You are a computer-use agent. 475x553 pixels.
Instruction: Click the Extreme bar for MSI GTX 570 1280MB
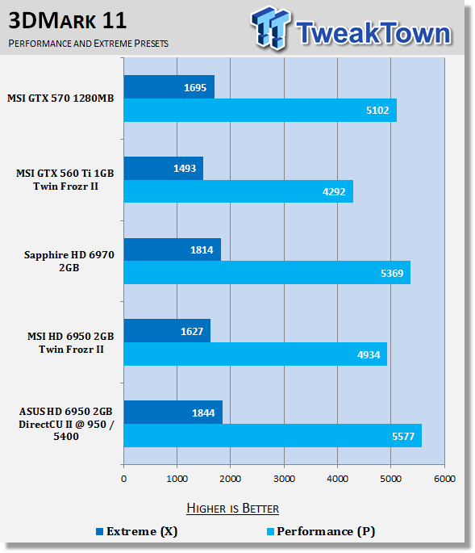coord(169,86)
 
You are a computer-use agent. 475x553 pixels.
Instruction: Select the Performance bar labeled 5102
coord(260,111)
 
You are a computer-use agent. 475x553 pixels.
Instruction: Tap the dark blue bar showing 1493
coord(164,168)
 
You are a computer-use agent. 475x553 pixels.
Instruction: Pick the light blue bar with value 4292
coord(239,191)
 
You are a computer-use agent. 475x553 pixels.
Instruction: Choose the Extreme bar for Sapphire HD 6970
coord(173,249)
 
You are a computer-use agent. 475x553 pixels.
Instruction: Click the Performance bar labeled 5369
coord(267,273)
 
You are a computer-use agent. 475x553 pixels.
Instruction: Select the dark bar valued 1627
coord(168,331)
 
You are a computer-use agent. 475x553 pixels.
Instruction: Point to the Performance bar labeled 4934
coord(256,354)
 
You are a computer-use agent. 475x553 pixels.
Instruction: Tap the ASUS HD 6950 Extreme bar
coord(173,413)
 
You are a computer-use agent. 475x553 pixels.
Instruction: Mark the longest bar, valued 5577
coord(273,436)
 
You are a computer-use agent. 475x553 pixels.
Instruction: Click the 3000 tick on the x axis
coord(284,479)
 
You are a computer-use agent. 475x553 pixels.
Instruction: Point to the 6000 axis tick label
coord(444,479)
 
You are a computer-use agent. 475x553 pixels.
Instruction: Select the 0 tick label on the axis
coord(123,479)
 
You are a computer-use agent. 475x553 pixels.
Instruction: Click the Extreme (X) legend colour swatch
coord(100,531)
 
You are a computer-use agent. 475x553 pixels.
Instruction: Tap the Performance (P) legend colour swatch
coord(270,531)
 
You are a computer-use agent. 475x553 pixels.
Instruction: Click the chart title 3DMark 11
coord(67,21)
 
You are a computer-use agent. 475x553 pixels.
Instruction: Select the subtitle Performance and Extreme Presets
coord(89,44)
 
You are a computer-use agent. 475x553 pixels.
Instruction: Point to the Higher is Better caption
coord(232,509)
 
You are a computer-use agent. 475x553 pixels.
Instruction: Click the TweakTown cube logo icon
coord(271,27)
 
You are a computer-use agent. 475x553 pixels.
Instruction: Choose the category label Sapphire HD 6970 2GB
coord(69,261)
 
